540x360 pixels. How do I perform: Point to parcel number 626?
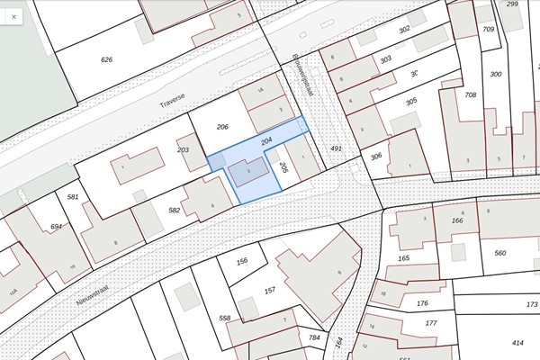point(107,59)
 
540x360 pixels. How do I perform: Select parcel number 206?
point(222,128)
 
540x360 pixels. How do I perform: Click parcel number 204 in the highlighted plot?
point(266,141)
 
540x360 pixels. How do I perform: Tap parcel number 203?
point(184,149)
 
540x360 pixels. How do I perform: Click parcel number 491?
point(336,148)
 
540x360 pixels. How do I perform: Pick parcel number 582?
point(175,210)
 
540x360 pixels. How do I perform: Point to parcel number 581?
point(73,196)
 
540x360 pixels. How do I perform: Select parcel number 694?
point(57,227)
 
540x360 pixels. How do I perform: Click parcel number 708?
point(470,94)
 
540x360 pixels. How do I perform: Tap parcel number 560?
point(500,254)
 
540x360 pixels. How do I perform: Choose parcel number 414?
point(517,343)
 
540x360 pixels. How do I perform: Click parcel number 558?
point(225,319)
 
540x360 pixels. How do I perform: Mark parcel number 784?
point(314,337)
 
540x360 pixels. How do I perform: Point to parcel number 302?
point(404,30)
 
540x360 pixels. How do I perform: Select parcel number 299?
point(512,4)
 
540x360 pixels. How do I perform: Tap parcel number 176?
point(422,303)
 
